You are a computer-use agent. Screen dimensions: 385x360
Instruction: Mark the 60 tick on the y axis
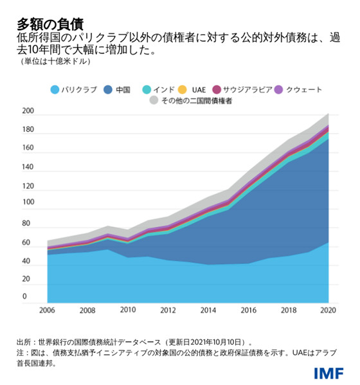(x=28, y=241)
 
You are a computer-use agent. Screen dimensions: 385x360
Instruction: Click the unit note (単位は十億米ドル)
(x=55, y=62)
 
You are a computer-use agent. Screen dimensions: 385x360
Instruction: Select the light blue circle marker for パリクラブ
(x=55, y=90)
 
